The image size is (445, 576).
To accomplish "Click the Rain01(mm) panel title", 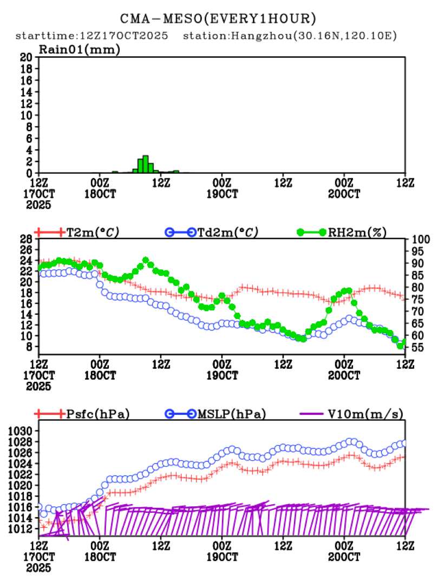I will click(79, 50).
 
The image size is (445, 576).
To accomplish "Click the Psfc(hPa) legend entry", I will click(97, 414).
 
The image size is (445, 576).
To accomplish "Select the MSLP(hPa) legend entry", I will click(230, 414).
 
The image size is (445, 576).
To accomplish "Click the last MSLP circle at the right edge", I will click(404, 443).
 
